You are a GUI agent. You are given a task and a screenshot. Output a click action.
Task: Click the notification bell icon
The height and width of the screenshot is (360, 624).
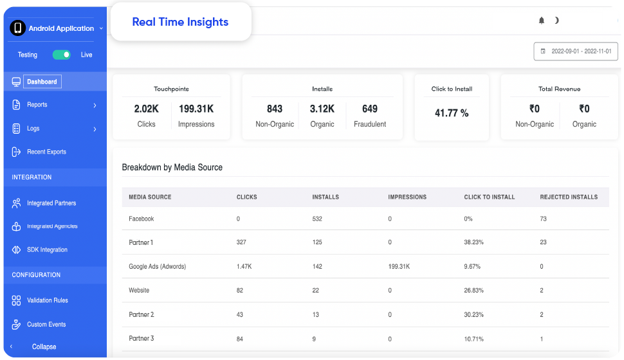click(x=541, y=21)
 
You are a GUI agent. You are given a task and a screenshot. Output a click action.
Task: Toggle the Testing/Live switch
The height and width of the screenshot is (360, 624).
click(x=61, y=55)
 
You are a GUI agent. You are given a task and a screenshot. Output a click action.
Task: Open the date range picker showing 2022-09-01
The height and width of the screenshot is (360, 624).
click(x=576, y=51)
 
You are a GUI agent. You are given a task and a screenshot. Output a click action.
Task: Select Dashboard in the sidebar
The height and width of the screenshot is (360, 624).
click(x=42, y=82)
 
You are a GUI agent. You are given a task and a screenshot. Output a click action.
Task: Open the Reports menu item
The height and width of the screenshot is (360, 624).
click(x=37, y=105)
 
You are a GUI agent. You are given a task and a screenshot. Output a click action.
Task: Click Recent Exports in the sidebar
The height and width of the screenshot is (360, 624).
click(x=46, y=152)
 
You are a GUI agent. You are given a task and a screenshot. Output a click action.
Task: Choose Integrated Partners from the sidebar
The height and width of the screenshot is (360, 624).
click(x=51, y=203)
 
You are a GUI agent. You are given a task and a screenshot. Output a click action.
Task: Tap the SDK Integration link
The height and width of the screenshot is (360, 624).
click(x=47, y=250)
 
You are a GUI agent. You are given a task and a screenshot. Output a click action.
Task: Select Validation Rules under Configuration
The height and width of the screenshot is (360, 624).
click(x=48, y=300)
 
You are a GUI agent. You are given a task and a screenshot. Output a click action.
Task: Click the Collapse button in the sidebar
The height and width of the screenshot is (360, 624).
click(x=44, y=346)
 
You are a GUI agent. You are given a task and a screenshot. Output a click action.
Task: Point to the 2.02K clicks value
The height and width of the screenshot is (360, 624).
click(x=147, y=109)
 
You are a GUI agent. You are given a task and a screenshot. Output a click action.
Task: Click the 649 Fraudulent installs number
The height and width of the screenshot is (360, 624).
click(x=370, y=109)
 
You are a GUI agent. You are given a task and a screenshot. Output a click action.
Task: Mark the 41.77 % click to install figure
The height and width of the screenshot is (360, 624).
click(x=452, y=113)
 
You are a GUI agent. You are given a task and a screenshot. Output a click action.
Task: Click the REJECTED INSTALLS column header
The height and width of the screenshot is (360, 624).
click(x=569, y=197)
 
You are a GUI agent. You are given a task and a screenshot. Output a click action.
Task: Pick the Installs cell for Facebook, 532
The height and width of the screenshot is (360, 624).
click(x=317, y=219)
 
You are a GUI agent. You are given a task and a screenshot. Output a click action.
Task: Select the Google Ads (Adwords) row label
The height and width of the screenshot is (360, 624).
click(x=157, y=267)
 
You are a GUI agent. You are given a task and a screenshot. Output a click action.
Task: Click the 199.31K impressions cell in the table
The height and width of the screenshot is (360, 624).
click(x=399, y=267)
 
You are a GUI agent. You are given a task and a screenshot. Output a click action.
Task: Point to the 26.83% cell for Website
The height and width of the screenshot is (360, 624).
click(x=473, y=291)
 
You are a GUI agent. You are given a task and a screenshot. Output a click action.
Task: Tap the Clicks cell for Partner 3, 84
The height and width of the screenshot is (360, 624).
click(x=239, y=339)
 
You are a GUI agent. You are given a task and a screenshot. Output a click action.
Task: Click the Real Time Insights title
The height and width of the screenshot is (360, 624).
click(x=180, y=22)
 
